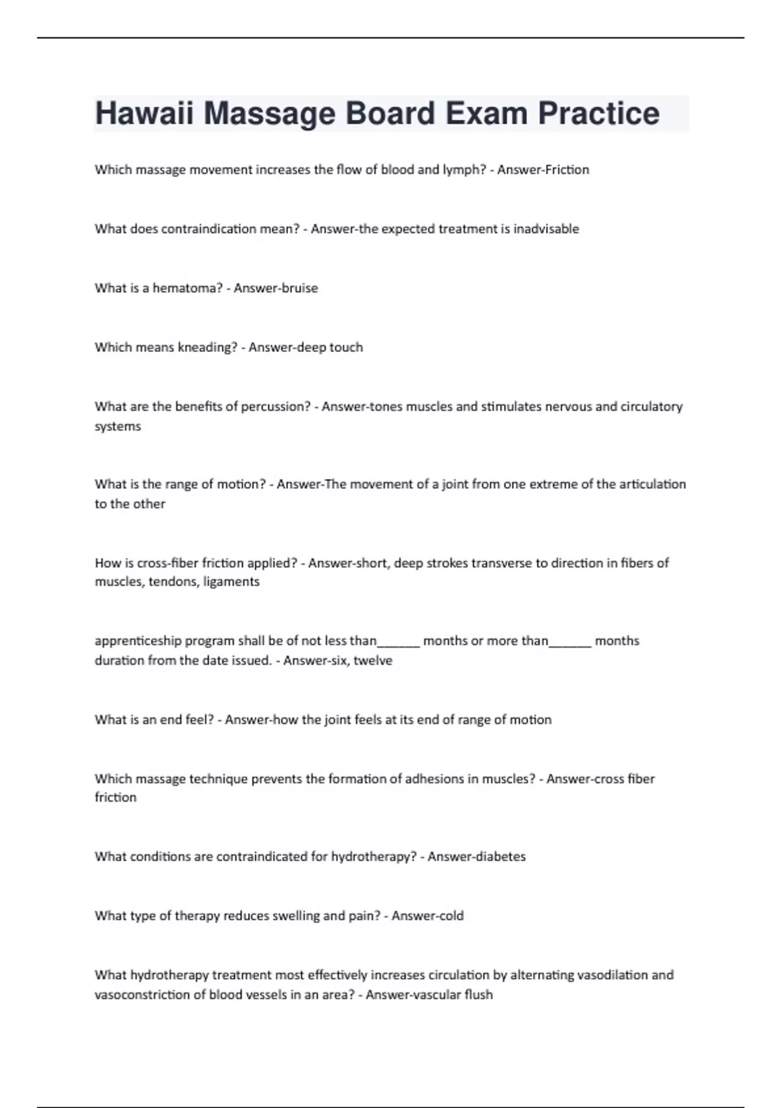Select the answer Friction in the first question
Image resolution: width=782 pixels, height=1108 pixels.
click(567, 169)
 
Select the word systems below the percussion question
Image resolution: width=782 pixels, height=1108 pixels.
click(118, 426)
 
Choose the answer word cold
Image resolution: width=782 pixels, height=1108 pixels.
click(450, 916)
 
